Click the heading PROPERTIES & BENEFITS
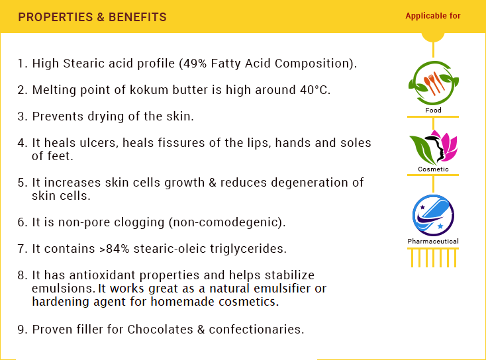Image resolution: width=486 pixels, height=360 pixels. pyautogui.click(x=92, y=17)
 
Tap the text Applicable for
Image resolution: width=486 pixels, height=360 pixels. pyautogui.click(x=433, y=16)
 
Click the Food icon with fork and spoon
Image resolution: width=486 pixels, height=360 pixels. pyautogui.click(x=433, y=83)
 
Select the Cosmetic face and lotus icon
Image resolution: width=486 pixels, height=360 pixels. pyautogui.click(x=433, y=147)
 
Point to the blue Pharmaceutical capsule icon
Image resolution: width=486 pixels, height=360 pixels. pyautogui.click(x=433, y=215)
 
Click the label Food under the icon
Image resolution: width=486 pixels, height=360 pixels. pyautogui.click(x=433, y=111)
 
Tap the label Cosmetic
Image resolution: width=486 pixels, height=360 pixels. pyautogui.click(x=433, y=169)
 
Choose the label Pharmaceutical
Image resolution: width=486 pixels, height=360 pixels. pyautogui.click(x=433, y=242)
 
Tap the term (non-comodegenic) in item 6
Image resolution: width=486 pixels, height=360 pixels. pyautogui.click(x=227, y=222)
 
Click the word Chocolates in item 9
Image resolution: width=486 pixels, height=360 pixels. pyautogui.click(x=160, y=330)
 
